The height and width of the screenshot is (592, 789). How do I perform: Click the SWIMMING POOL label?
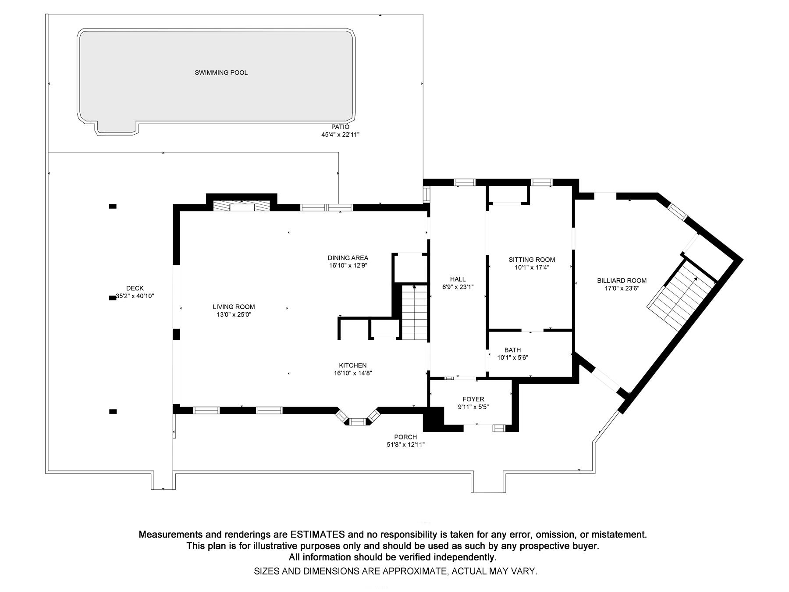coord(221,72)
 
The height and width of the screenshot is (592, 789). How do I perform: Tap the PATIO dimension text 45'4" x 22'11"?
coord(340,135)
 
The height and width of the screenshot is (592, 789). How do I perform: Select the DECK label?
coord(135,288)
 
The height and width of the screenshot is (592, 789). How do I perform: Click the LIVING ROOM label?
coord(234,307)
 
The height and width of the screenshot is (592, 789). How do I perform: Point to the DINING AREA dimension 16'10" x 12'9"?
coord(348,265)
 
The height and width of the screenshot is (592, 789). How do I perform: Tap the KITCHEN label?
coord(352,365)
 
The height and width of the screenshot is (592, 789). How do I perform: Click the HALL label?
coord(458,279)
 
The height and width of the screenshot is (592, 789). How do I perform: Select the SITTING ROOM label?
coord(532,260)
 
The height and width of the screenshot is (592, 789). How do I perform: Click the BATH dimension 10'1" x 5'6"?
coord(512,357)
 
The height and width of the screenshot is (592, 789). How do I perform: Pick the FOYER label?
coord(473,399)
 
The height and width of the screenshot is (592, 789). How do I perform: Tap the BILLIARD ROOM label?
coord(622,281)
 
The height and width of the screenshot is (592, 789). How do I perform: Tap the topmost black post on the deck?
coord(113,206)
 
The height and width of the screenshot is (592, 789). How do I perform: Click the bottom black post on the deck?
coord(113,411)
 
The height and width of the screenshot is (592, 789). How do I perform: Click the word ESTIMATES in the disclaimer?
coord(317,535)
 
